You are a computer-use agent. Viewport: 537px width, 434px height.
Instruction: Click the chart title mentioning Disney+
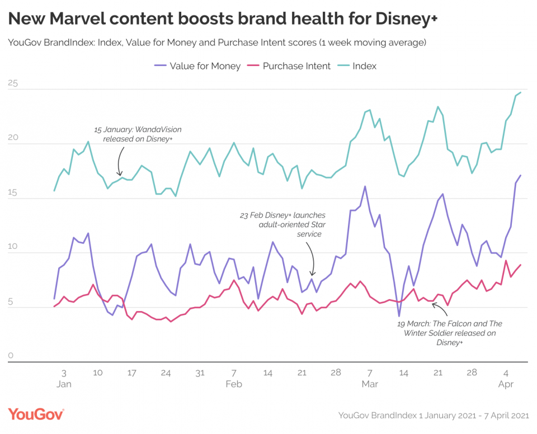coord(223,18)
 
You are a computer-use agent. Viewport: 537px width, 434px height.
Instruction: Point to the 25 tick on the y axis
coord(12,84)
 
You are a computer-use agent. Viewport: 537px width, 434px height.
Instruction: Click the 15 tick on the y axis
coord(12,193)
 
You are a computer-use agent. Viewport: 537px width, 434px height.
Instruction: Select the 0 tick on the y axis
coord(11,356)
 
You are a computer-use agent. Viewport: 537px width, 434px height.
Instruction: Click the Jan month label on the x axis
coord(63,384)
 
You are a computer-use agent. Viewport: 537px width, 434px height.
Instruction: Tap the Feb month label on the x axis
coord(234,384)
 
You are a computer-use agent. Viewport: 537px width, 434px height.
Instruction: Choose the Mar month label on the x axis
coord(370,384)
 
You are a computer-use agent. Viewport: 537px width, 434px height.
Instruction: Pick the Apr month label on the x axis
coord(506,384)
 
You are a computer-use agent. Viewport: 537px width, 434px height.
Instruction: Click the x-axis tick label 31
coord(200,372)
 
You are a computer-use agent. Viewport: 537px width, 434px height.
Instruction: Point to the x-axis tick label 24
coord(166,372)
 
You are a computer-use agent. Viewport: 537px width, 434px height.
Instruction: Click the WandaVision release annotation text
coord(138,134)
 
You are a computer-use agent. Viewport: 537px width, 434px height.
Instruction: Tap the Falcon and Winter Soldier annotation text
coord(450,333)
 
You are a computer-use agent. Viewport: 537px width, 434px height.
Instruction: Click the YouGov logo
coord(36,414)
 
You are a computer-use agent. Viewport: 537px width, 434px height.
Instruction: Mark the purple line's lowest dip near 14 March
coord(399,316)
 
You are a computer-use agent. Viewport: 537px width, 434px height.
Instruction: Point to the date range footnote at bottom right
coord(434,415)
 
